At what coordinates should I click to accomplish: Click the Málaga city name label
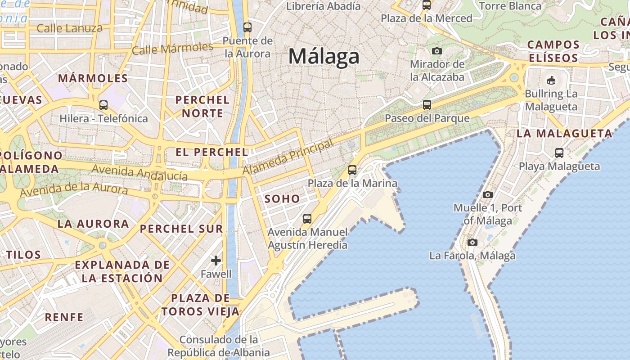click(x=324, y=57)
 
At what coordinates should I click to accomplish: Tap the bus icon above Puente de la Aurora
click(x=247, y=27)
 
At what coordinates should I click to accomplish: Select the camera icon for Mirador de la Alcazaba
click(x=436, y=51)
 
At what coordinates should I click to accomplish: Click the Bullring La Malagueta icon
click(x=551, y=81)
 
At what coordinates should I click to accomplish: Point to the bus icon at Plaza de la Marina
click(x=352, y=170)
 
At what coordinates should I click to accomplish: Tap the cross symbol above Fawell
click(x=216, y=260)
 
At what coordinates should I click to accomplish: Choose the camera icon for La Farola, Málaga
click(x=472, y=243)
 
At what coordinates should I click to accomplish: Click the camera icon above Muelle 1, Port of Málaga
click(x=487, y=195)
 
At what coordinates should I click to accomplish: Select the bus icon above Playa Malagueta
click(x=559, y=153)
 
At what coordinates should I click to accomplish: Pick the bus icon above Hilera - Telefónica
click(x=103, y=105)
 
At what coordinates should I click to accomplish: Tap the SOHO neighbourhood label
click(x=282, y=198)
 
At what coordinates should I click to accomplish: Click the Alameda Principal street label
click(x=288, y=157)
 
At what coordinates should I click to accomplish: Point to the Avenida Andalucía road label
click(x=139, y=173)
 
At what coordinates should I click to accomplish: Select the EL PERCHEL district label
click(x=212, y=152)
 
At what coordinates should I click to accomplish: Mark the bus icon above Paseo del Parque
click(x=427, y=105)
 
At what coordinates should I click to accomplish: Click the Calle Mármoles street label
click(x=173, y=48)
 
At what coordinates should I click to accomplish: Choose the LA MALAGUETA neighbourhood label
click(x=564, y=133)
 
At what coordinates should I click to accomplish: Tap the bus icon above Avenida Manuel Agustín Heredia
click(x=307, y=219)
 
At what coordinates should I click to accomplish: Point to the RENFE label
click(x=64, y=317)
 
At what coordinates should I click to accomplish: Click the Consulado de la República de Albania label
click(x=225, y=346)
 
